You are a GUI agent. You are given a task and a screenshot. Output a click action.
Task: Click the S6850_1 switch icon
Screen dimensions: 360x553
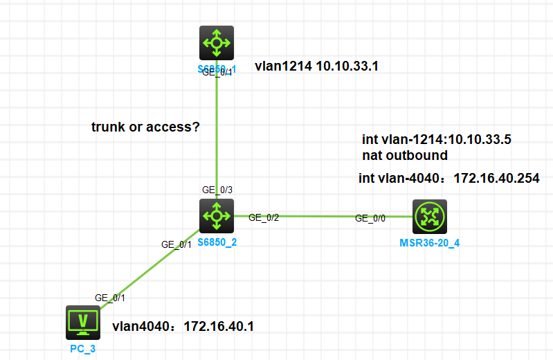click(x=217, y=43)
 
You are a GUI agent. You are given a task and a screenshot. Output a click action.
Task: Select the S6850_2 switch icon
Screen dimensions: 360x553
click(x=217, y=216)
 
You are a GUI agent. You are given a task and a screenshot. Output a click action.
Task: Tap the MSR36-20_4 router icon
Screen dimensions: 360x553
click(x=430, y=217)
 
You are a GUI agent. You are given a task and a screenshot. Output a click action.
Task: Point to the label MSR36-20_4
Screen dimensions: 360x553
click(x=429, y=242)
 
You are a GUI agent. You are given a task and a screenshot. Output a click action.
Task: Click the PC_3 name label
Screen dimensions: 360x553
click(x=83, y=348)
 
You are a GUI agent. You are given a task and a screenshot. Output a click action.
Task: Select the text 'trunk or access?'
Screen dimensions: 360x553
click(x=145, y=127)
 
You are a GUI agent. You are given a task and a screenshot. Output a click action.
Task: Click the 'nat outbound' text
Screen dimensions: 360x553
click(x=405, y=155)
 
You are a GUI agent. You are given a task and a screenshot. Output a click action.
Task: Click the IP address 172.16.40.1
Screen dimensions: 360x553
click(x=219, y=325)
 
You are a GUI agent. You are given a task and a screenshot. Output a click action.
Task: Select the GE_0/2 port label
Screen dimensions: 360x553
click(x=263, y=217)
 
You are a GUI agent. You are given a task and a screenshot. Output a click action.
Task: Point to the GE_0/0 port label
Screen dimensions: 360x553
click(x=371, y=218)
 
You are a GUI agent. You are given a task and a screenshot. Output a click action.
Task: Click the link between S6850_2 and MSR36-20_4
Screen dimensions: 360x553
click(x=318, y=215)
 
